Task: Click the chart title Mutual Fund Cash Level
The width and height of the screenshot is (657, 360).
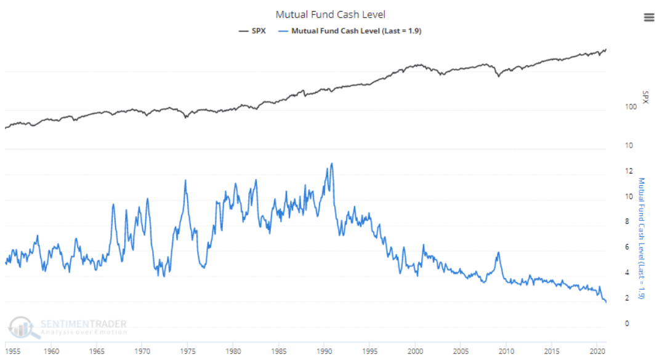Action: [x=329, y=14]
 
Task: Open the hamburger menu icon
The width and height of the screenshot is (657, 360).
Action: [x=648, y=17]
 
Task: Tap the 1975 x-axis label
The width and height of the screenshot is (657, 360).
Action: [x=187, y=351]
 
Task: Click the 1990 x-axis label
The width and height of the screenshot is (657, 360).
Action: [x=324, y=351]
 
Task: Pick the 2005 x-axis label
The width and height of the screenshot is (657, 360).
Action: [x=460, y=351]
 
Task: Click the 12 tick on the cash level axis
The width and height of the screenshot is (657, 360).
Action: [x=629, y=171]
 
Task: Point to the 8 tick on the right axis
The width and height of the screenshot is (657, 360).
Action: [x=627, y=222]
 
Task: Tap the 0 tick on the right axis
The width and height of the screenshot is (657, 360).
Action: [x=627, y=324]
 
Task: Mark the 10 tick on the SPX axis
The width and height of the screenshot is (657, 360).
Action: [x=629, y=146]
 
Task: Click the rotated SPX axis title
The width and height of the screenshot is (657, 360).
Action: [x=645, y=97]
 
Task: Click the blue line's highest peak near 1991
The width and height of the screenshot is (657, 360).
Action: [x=332, y=163]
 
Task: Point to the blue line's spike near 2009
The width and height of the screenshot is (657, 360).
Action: [x=498, y=252]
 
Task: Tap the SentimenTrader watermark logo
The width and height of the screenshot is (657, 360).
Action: [x=68, y=327]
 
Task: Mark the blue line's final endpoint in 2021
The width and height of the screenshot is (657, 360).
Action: [x=606, y=302]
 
